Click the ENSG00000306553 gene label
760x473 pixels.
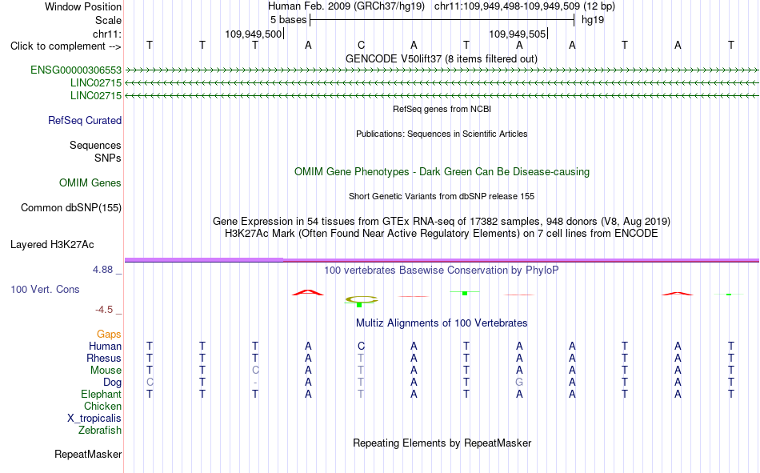pyautogui.click(x=76, y=70)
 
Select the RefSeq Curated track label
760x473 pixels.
pyautogui.click(x=85, y=120)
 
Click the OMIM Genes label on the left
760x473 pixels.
pyautogui.click(x=90, y=183)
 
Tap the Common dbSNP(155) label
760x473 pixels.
pyautogui.click(x=71, y=207)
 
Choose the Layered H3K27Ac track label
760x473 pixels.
pyautogui.click(x=52, y=245)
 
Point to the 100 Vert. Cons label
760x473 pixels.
pyautogui.click(x=45, y=289)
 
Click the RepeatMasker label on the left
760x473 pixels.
pyautogui.click(x=88, y=454)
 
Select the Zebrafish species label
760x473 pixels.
pyautogui.click(x=100, y=431)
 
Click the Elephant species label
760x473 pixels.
pyautogui.click(x=102, y=394)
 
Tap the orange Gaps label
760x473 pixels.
pyautogui.click(x=109, y=334)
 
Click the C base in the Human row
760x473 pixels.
pyautogui.click(x=361, y=346)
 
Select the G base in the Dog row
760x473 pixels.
pyautogui.click(x=519, y=382)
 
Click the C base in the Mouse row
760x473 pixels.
pyautogui.click(x=255, y=370)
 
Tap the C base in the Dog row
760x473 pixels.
pyautogui.click(x=150, y=382)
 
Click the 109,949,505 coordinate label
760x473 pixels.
pyautogui.click(x=517, y=34)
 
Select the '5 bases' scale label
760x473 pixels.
pyautogui.click(x=288, y=20)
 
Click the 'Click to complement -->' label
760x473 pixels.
pyautogui.click(x=66, y=46)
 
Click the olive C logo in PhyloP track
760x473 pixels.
pyautogui.click(x=361, y=299)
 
